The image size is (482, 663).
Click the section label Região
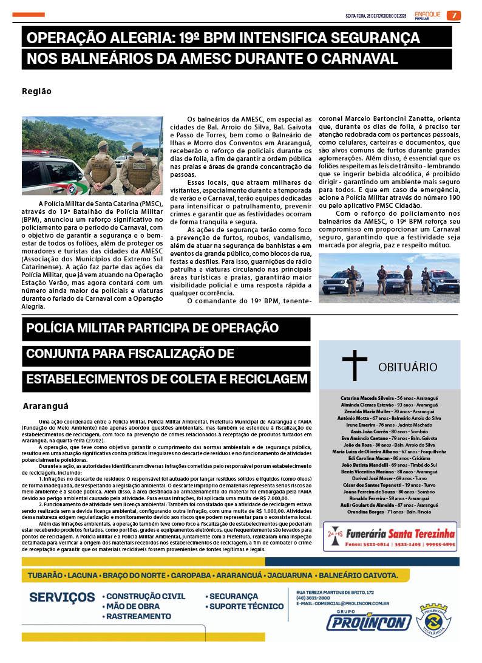tap(36, 92)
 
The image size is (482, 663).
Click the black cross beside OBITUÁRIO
tap(355, 365)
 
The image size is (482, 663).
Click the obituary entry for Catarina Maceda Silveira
tap(389, 397)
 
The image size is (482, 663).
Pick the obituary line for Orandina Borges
tap(389, 512)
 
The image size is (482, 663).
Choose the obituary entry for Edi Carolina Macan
tap(389, 458)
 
